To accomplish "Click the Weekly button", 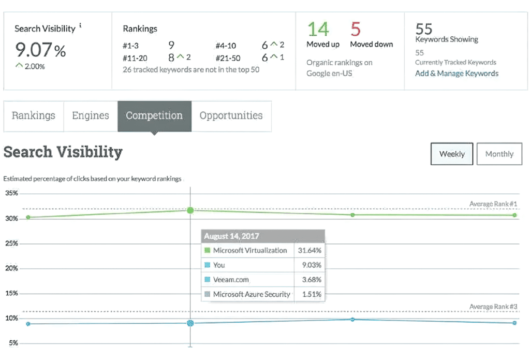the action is (x=451, y=154).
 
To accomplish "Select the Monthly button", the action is (x=499, y=154).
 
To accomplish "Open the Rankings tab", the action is (x=34, y=116).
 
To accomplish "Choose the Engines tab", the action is (x=91, y=116).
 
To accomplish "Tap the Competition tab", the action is (x=154, y=116).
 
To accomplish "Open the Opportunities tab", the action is (x=231, y=116).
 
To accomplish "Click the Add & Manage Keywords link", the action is (x=457, y=74).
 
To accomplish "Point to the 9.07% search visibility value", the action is (x=40, y=50).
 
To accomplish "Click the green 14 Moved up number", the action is (x=318, y=29).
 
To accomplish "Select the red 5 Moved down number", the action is (x=356, y=29).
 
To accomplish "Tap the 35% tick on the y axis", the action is (x=11, y=193).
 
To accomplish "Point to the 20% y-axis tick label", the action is (x=11, y=268).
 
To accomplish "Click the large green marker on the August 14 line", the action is (x=190, y=210).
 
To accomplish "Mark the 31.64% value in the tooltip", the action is (x=310, y=250).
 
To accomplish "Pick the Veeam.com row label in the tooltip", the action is (x=231, y=280).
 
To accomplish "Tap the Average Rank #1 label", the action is (x=493, y=204).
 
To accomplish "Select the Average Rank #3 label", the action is (x=493, y=307).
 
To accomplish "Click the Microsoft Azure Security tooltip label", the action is (x=252, y=294).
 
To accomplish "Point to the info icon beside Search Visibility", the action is (x=80, y=25).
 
